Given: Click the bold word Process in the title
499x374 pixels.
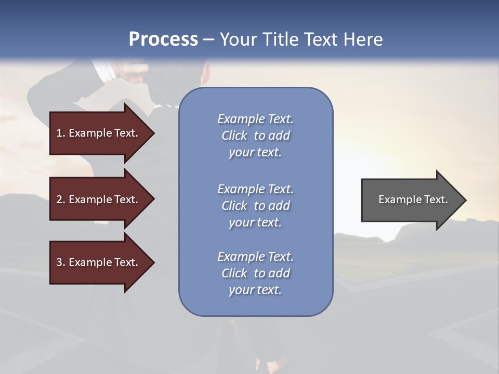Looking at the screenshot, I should [163, 39].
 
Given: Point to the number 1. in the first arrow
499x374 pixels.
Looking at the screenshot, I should [61, 133].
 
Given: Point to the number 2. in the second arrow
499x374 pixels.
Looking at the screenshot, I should [61, 199].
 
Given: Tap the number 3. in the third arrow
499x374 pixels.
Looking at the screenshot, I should [61, 262].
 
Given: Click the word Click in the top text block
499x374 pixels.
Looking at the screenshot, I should [234, 136].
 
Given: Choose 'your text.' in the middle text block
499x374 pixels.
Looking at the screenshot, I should [255, 222].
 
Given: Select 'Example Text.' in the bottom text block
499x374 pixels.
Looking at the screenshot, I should [255, 257].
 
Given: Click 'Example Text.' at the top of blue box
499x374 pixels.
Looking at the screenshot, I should [255, 119].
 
